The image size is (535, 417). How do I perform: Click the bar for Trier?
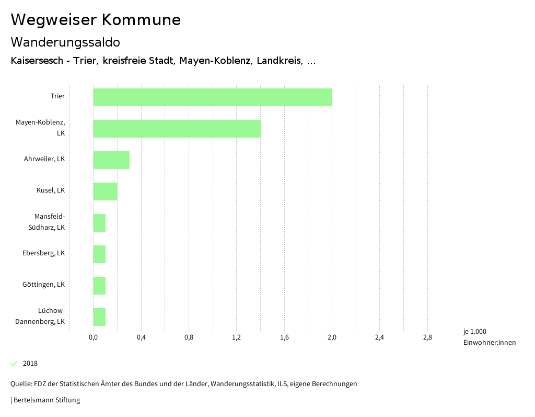pos(213,97)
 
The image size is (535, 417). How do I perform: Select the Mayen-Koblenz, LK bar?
pos(177,129)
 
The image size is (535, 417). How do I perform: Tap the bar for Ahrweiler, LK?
pos(111,160)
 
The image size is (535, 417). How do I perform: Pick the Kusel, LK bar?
pos(105,191)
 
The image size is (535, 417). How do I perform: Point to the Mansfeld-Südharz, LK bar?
pos(99,223)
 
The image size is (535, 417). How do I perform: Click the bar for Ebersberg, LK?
pos(99,254)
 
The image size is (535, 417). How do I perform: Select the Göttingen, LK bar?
pos(99,286)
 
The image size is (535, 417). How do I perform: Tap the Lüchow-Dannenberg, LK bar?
pos(99,317)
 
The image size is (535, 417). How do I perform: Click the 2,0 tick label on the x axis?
pos(332,337)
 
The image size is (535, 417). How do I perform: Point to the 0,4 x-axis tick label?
pos(141,337)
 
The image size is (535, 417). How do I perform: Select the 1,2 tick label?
pos(236,337)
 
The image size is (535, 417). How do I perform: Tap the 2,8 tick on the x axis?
pos(427,337)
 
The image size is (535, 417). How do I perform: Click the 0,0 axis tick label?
pos(93,337)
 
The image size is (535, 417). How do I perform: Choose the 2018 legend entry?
pos(30,364)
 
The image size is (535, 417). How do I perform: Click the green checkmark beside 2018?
pos(14,364)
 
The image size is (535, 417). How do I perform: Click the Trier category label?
pos(57,96)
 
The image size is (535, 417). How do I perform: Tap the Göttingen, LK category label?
pos(44,285)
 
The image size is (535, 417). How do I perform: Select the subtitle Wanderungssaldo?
pos(65,42)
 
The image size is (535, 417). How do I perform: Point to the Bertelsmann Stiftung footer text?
pos(46,400)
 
